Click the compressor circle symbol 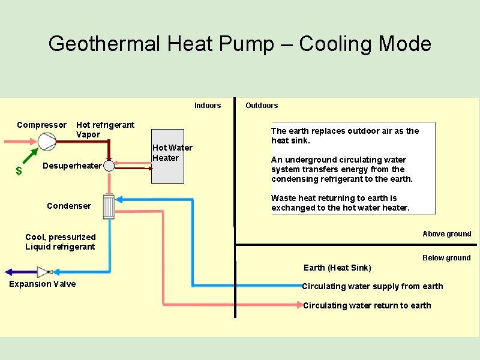point(46,142)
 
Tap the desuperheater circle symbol point(109,166)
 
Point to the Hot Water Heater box point(167,156)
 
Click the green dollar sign point(19,171)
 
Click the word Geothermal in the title point(105,44)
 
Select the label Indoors point(208,106)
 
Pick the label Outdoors point(262,106)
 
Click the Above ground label point(446,234)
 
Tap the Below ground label point(446,258)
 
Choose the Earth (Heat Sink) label point(337,268)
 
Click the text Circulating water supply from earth point(373,286)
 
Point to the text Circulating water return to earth point(367,305)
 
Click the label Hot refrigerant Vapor point(105,130)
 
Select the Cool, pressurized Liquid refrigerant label point(60,242)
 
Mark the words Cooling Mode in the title point(365,44)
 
